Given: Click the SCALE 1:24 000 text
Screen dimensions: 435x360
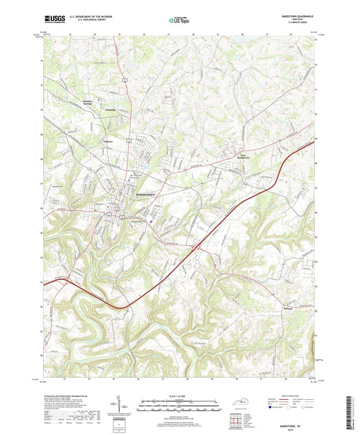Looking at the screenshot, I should pyautogui.click(x=179, y=396).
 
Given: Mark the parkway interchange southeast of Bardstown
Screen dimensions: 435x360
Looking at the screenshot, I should pyautogui.click(x=195, y=249).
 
